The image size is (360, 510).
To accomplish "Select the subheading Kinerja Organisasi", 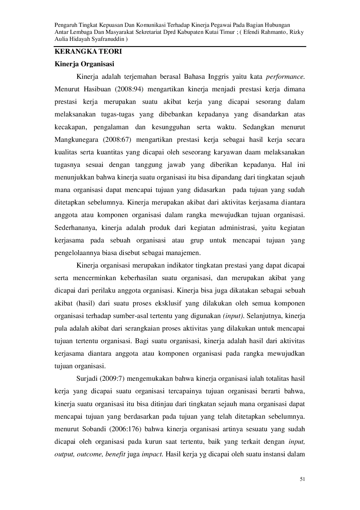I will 84,64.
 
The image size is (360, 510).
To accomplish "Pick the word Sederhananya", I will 75,228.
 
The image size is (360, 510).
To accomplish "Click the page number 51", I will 302,479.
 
